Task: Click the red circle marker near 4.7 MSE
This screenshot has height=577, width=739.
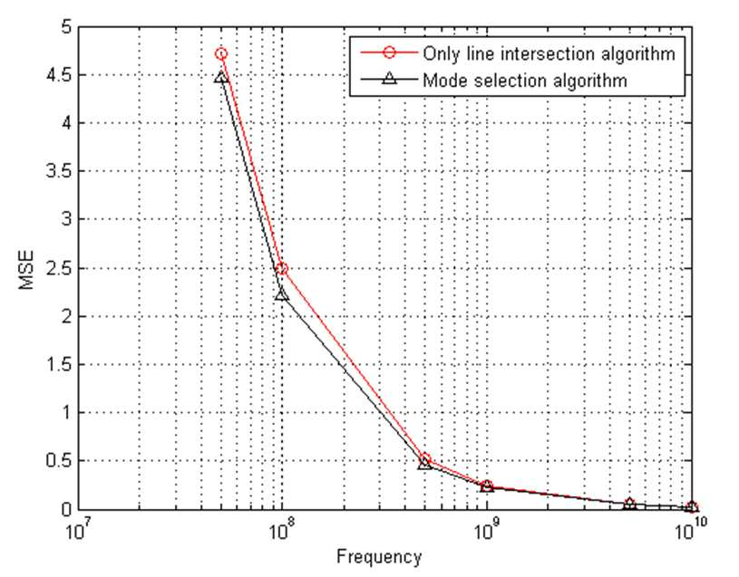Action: [221, 53]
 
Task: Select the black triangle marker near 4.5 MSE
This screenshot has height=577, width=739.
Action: [221, 77]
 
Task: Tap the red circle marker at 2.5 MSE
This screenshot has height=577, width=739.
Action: [282, 268]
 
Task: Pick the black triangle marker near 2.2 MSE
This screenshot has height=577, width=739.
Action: [282, 295]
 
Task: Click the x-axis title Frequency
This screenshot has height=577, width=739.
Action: [379, 558]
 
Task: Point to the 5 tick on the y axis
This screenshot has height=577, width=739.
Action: [66, 27]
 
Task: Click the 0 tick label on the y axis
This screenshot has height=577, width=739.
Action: [66, 509]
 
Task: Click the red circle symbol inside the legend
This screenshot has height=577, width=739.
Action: [389, 53]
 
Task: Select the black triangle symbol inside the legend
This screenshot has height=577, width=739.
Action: [389, 80]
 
